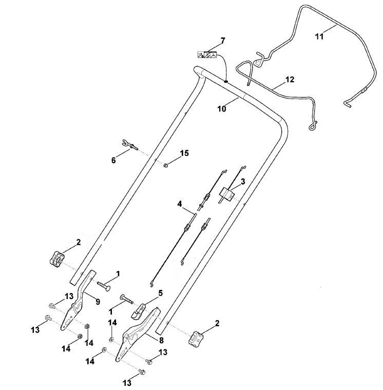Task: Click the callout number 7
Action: (222, 41)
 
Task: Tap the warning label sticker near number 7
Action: (206, 54)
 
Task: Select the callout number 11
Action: (319, 36)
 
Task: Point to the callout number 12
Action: (290, 80)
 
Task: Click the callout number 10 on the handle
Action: (222, 109)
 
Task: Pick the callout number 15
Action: (184, 153)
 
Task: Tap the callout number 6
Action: (113, 161)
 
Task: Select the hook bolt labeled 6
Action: (130, 145)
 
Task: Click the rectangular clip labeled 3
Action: (227, 194)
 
